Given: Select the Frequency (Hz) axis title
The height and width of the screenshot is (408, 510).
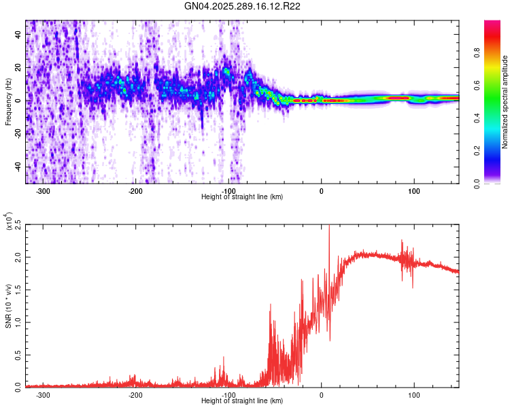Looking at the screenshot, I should pos(8,102).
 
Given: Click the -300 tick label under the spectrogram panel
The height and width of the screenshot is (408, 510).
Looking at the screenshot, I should pos(43,190).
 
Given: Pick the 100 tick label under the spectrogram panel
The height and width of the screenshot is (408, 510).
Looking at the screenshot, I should pos(413,190).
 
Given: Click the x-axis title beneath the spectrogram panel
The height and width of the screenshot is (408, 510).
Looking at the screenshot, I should pos(242,197).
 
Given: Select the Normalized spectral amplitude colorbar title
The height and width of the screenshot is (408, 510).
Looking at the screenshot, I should pos(505,102).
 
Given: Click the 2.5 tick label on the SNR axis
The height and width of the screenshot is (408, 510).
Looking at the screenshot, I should pos(17,224).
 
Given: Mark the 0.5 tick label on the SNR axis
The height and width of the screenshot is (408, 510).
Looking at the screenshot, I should pos(17,354).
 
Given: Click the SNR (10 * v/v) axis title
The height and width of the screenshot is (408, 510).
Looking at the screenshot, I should pos(8,306).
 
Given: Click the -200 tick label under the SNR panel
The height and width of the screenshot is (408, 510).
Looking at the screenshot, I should pos(135,394).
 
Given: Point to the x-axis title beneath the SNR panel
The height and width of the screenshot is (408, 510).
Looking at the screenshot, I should pos(242,401).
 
